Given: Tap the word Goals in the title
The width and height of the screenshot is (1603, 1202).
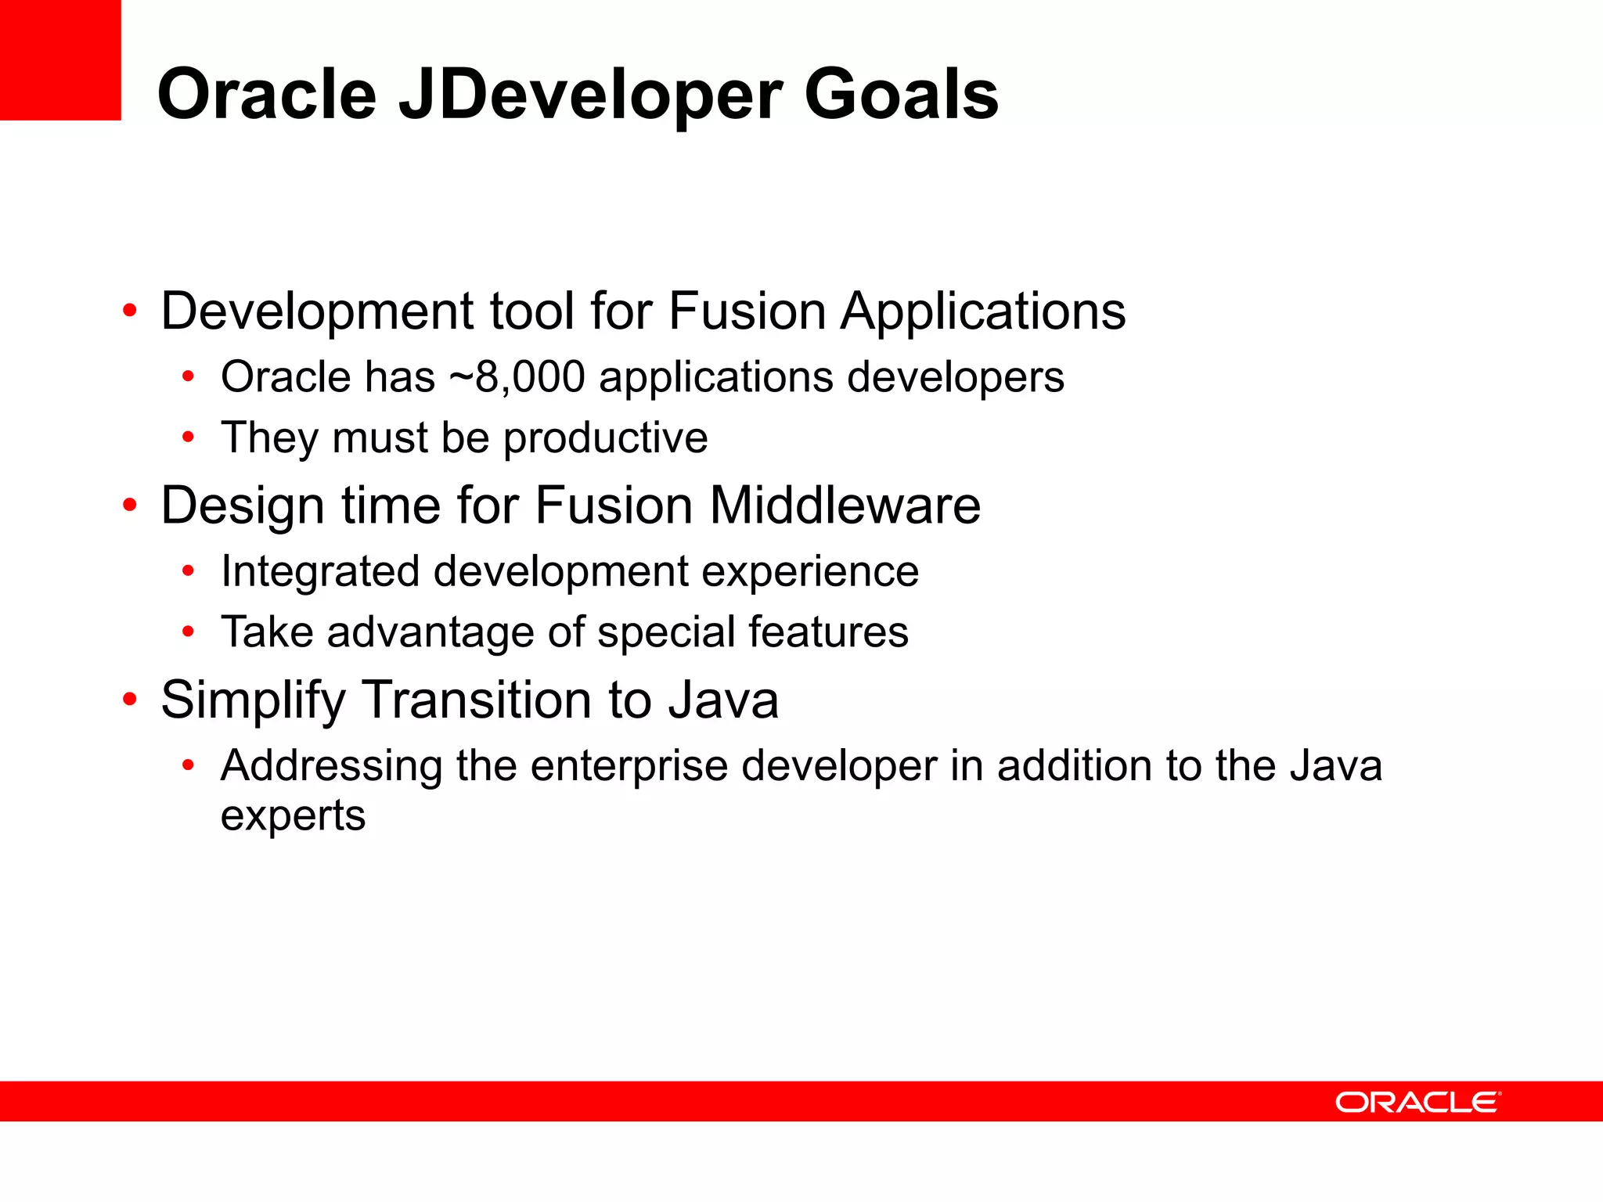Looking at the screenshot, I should click(901, 94).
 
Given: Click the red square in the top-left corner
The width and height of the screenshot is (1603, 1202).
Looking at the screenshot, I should click(60, 59).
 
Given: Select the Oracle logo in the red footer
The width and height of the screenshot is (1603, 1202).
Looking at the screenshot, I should click(1417, 1102).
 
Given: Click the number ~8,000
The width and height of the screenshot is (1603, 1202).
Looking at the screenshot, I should click(517, 377).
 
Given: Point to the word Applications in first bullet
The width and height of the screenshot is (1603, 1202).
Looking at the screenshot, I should click(982, 311).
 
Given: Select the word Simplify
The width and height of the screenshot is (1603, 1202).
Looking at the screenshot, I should click(253, 700).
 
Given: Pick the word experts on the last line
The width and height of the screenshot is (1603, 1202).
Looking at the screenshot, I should click(293, 816).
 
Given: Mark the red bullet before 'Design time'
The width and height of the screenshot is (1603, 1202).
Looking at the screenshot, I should click(130, 506).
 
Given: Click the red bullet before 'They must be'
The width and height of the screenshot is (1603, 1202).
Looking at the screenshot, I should click(188, 437).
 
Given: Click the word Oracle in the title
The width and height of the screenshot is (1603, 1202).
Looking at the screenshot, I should click(266, 95).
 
